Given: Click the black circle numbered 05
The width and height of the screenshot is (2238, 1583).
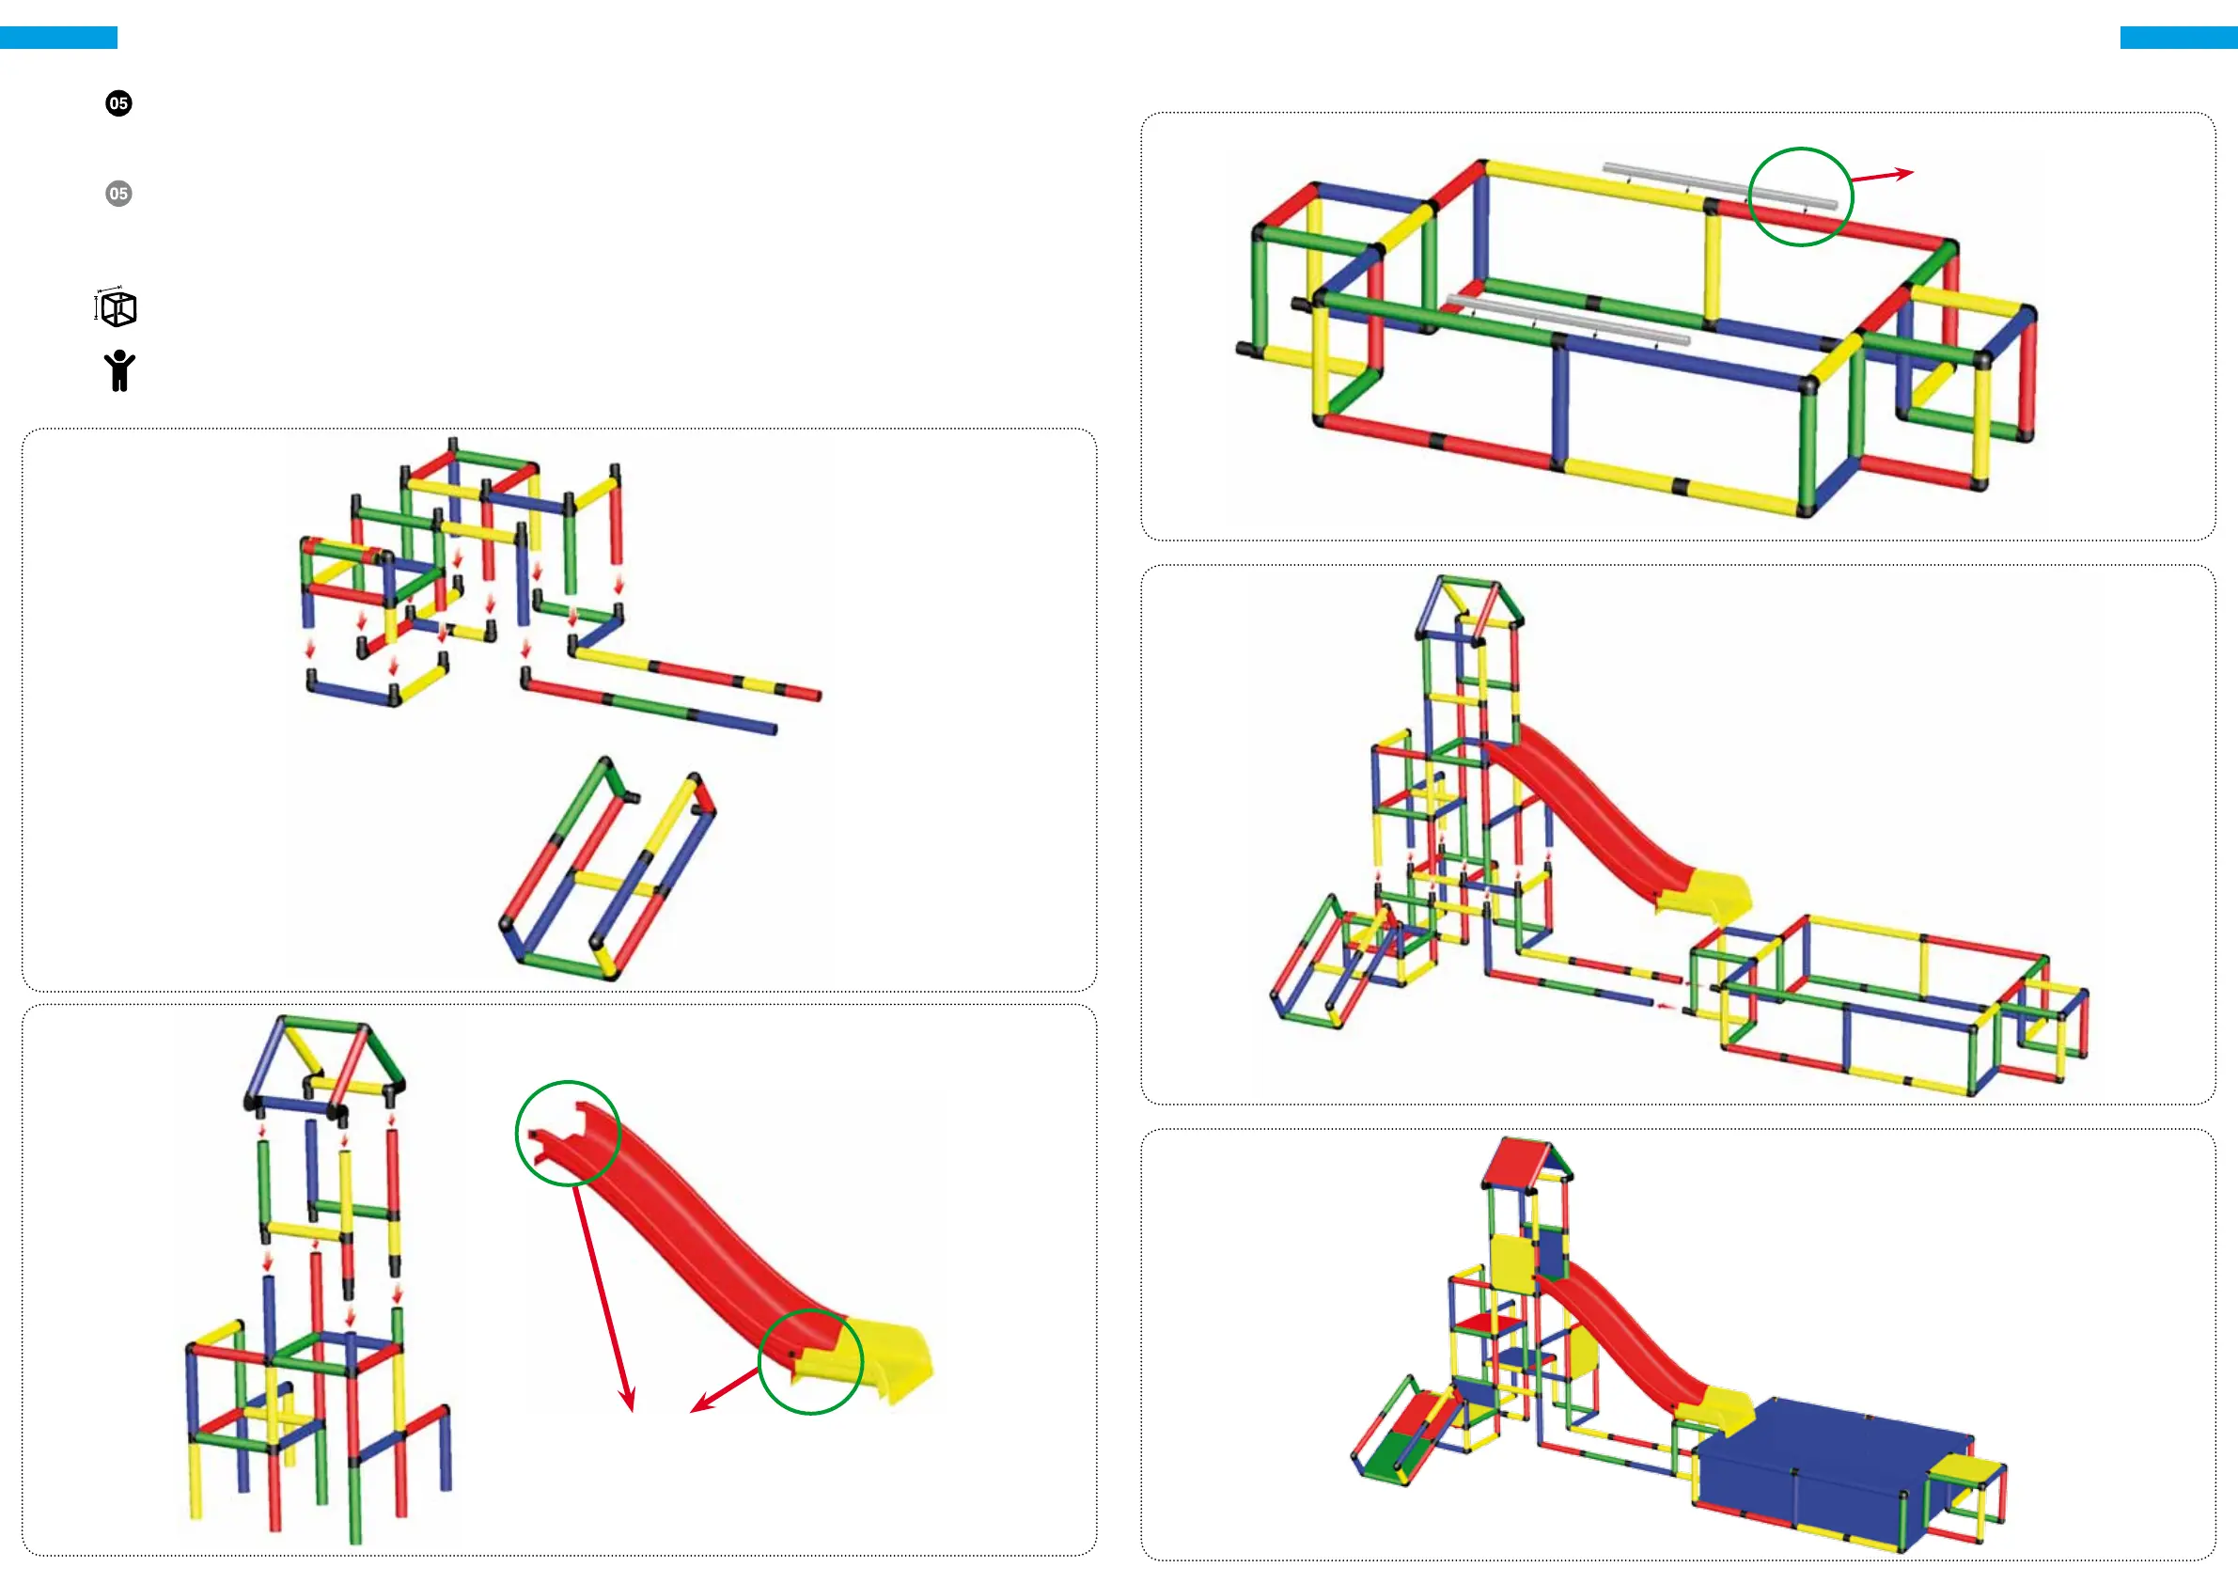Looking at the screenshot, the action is point(119,103).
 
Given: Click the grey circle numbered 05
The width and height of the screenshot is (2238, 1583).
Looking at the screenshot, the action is point(119,193).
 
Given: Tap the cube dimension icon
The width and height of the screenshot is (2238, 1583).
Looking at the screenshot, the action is point(117,308).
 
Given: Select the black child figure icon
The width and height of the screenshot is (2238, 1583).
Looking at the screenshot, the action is point(119,371).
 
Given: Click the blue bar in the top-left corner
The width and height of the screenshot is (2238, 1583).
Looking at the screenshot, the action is point(58,38).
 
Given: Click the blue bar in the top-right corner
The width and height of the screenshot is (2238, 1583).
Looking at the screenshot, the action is point(2179,38).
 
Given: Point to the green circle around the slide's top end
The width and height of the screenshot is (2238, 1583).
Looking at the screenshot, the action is point(568,1133).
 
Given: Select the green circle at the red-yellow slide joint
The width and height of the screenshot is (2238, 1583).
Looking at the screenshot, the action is point(810,1362).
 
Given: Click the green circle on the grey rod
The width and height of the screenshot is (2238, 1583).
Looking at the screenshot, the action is point(1800,196).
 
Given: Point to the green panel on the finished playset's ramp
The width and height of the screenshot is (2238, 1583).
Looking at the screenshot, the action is point(1387,1457).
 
